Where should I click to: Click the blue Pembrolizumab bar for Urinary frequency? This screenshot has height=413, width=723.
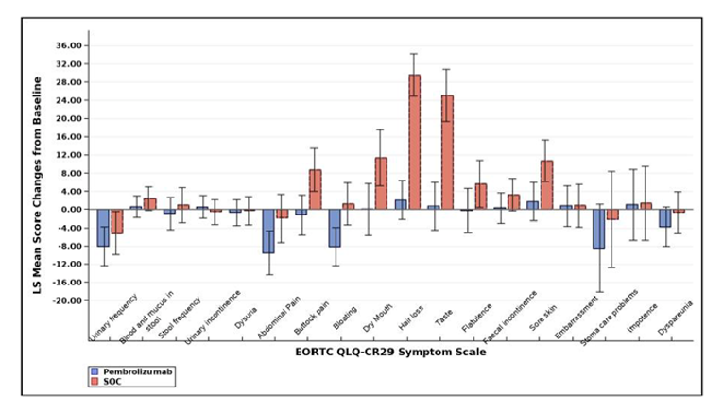pyautogui.click(x=103, y=228)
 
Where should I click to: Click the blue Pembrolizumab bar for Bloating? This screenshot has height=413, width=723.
pyautogui.click(x=335, y=228)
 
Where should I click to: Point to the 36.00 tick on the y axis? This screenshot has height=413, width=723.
pyautogui.click(x=70, y=46)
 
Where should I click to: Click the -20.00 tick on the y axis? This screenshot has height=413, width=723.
pyautogui.click(x=70, y=301)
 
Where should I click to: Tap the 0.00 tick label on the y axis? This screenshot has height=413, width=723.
pyautogui.click(x=74, y=210)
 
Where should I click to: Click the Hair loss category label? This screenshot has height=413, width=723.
pyautogui.click(x=408, y=323)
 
